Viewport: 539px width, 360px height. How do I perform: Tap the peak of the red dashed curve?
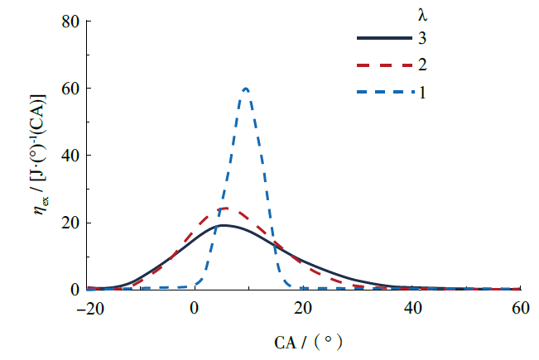pos(224,209)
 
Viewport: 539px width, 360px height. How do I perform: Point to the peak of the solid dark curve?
pos(223,225)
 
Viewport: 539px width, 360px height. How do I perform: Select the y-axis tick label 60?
pos(69,88)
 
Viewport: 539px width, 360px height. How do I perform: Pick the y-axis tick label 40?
pos(69,156)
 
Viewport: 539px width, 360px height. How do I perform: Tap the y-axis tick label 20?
pos(69,223)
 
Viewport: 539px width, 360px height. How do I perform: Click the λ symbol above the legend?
pos(422,14)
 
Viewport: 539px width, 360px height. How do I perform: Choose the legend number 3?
pos(422,38)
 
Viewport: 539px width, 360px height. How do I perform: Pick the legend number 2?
pos(422,65)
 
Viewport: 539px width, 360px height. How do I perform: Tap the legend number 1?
pos(422,91)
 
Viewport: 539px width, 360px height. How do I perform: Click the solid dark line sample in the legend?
pos(383,39)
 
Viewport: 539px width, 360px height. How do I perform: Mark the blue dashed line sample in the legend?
pos(383,92)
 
